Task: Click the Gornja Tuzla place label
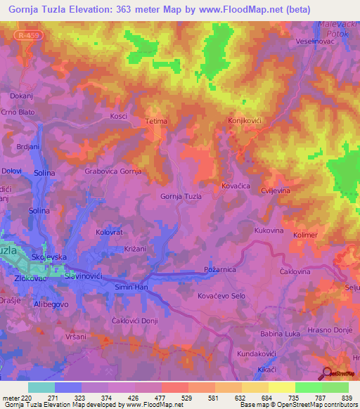[x=181, y=196]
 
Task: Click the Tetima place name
[x=156, y=121]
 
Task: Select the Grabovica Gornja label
[x=113, y=171]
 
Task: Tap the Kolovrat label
[x=109, y=231]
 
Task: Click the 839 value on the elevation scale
[x=347, y=397]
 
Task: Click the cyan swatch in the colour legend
[x=41, y=387]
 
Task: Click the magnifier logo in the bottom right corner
[x=327, y=373]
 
